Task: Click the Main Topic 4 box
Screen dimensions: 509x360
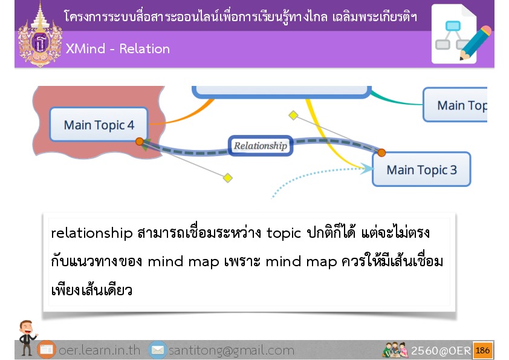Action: point(99,125)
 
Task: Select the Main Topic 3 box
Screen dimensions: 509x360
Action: point(421,169)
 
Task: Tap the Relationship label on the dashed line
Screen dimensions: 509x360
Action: point(261,146)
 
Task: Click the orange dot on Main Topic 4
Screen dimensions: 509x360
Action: point(140,142)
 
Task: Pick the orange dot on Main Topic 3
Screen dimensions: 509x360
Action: point(381,152)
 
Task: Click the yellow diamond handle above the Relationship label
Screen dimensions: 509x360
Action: point(293,115)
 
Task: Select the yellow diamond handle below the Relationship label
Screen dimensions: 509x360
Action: point(228,178)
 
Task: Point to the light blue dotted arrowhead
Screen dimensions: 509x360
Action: point(367,168)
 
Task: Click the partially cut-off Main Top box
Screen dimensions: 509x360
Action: point(455,105)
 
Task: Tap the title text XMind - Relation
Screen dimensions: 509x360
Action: point(117,49)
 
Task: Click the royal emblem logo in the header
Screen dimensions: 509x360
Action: point(40,35)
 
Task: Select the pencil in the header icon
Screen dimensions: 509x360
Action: point(475,43)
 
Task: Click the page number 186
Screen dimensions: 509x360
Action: point(483,350)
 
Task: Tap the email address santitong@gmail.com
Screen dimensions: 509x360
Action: point(232,350)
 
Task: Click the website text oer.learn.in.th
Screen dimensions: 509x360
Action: point(99,350)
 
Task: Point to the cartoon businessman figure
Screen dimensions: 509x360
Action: point(27,337)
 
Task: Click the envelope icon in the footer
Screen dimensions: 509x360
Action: point(158,350)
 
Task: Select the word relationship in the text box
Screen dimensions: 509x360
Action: point(92,233)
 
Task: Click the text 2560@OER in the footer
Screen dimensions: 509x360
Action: point(441,350)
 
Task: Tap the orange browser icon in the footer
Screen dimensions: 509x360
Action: point(47,350)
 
